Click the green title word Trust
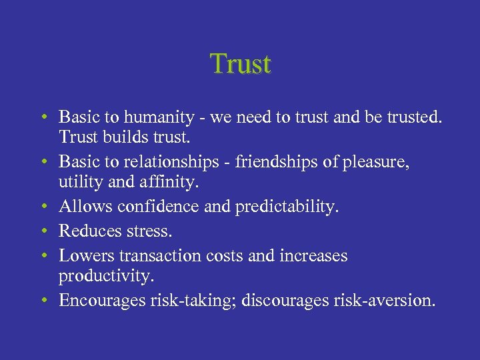tap(241, 64)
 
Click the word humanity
tap(150, 117)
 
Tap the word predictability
tap(287, 207)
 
